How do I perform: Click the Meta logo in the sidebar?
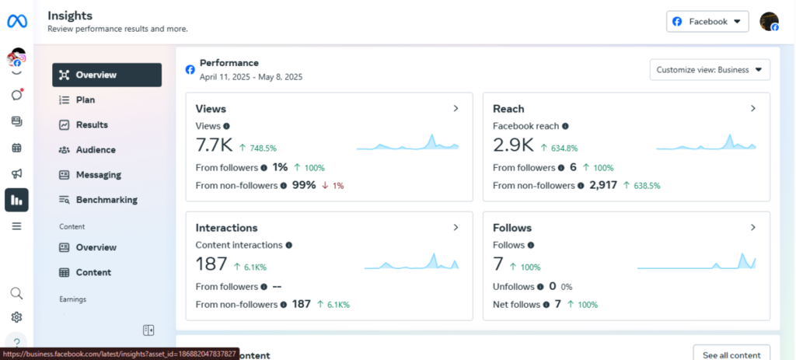(16, 21)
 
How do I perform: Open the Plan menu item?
(85, 100)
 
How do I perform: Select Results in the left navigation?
(91, 124)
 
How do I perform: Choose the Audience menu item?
(95, 149)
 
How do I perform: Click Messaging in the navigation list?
(98, 175)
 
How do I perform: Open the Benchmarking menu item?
(106, 200)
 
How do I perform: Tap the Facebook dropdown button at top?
(707, 22)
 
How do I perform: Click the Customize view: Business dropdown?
(709, 70)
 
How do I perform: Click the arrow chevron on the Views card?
(456, 109)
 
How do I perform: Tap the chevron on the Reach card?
(752, 109)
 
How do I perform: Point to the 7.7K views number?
(215, 145)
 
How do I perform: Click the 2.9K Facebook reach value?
(513, 145)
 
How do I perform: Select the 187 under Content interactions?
(211, 264)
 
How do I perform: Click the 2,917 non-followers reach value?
(603, 185)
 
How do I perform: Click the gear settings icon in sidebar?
(16, 317)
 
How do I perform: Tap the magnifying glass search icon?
(16, 293)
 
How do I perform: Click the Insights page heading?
(70, 16)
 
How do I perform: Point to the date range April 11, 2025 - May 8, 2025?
(250, 77)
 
